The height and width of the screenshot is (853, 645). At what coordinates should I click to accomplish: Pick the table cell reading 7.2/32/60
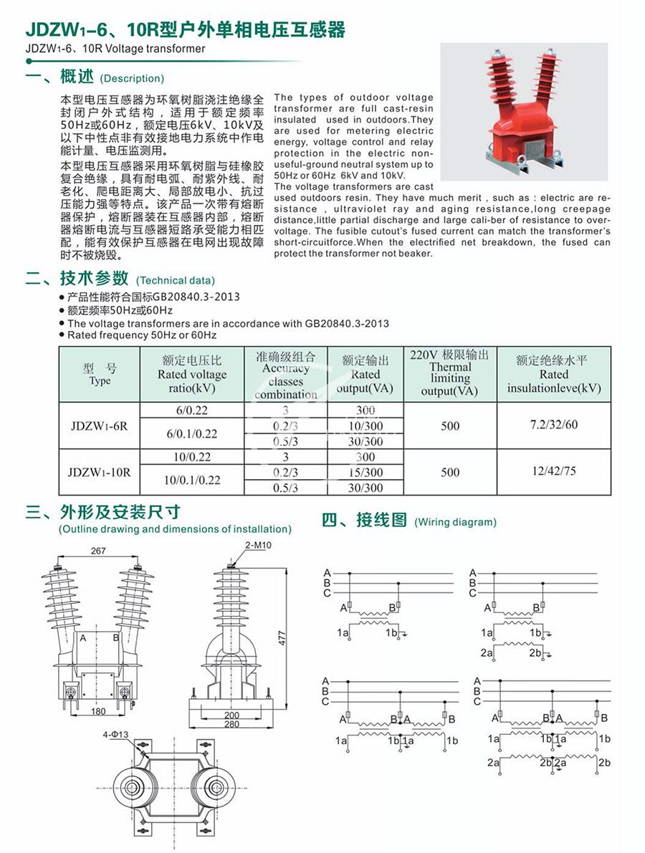click(x=553, y=425)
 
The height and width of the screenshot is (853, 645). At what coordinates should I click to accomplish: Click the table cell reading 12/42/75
click(x=553, y=472)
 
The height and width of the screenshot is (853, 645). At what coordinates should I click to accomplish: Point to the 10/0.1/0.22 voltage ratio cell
click(x=192, y=480)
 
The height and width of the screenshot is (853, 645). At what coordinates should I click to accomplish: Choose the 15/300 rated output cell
click(x=365, y=473)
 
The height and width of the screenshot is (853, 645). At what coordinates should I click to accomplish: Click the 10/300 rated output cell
click(x=365, y=426)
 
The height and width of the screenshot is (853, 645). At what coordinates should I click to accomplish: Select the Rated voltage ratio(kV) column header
click(x=192, y=375)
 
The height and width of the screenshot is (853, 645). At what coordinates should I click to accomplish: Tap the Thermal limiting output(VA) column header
click(x=450, y=373)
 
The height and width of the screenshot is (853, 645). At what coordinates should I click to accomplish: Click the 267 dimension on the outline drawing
click(x=99, y=551)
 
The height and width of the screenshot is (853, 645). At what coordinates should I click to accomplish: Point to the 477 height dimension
click(x=282, y=637)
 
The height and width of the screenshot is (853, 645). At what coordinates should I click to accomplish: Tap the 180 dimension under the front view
click(x=98, y=711)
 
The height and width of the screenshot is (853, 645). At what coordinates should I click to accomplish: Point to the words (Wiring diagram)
click(x=455, y=522)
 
